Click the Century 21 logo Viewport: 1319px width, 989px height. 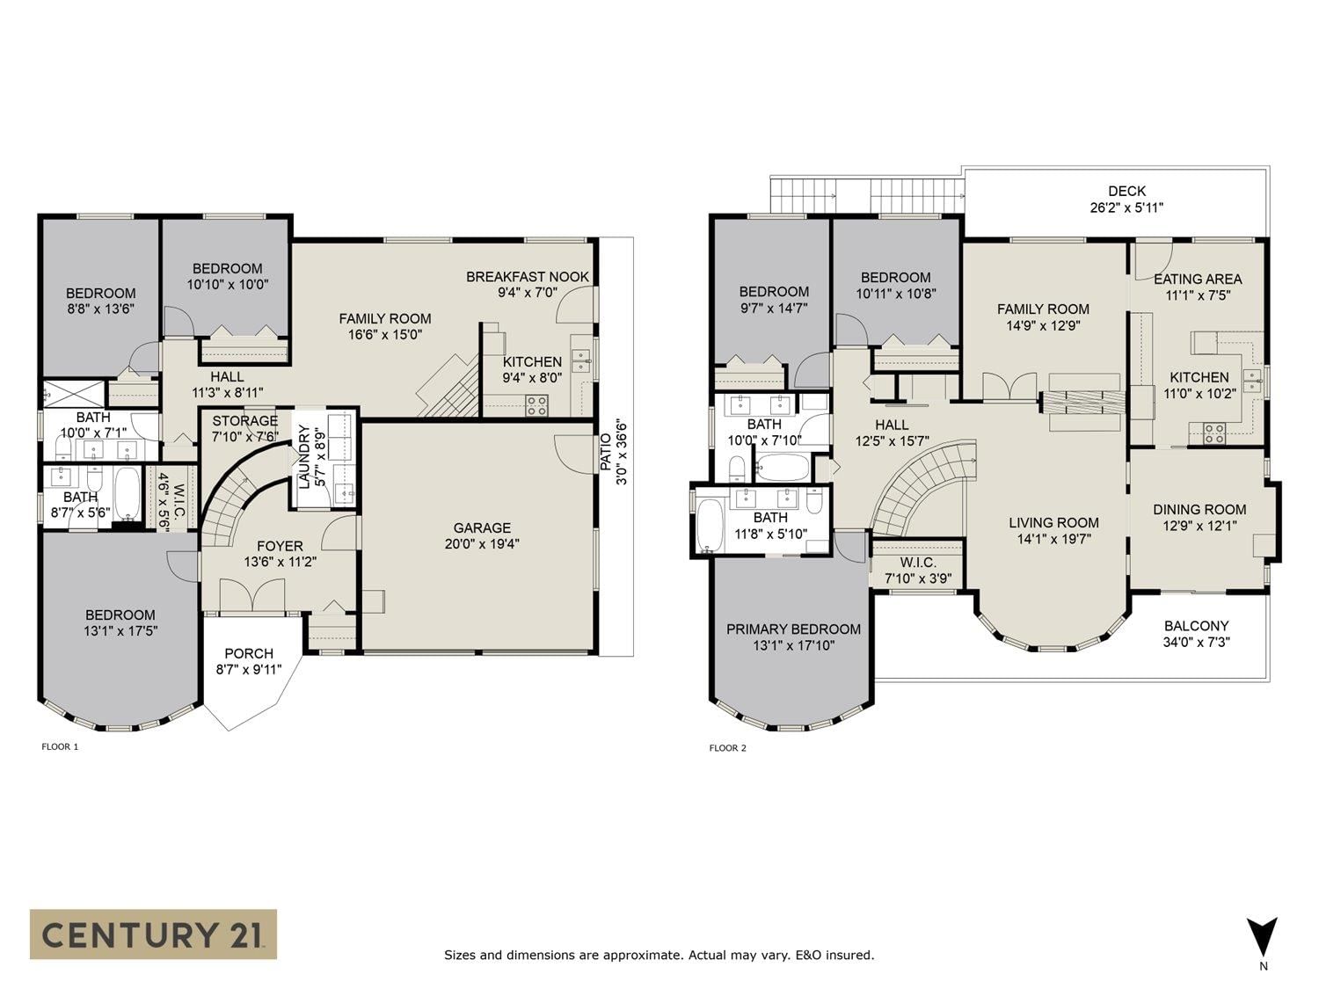point(153,934)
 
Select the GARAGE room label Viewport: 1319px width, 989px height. point(482,527)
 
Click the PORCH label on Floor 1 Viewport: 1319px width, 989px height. point(249,653)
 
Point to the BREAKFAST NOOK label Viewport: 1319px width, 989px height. point(528,277)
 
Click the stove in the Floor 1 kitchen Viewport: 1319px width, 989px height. point(536,405)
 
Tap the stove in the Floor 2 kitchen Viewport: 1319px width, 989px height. point(1214,433)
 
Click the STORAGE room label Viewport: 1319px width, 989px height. point(245,421)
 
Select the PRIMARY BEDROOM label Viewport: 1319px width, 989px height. point(793,629)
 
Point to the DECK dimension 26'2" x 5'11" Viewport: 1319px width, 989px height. point(1126,207)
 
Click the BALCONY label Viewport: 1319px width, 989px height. point(1197,626)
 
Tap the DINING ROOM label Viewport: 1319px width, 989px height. point(1199,510)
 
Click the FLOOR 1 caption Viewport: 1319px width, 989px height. point(60,747)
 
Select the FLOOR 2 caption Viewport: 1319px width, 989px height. point(728,748)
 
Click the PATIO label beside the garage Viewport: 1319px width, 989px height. point(607,452)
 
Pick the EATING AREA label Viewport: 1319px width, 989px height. point(1198,280)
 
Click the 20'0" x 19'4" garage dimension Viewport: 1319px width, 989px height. point(482,544)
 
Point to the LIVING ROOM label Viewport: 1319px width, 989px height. point(1054,523)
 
